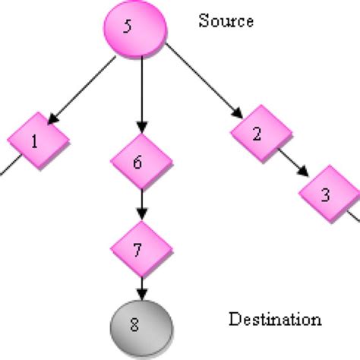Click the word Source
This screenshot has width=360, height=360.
point(226,21)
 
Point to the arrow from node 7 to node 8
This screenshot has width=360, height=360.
point(139,289)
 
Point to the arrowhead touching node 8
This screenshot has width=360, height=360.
point(139,296)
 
